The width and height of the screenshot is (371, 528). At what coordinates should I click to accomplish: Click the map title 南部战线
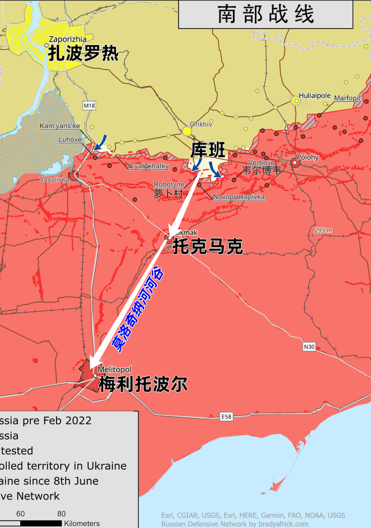coord(266,14)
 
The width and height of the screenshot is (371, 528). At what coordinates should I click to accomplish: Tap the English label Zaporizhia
coord(68,39)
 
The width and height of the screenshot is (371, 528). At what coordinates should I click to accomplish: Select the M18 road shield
coord(89,106)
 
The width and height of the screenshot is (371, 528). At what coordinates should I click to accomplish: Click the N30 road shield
coord(309,347)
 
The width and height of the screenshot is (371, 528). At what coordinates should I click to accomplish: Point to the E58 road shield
coord(226,416)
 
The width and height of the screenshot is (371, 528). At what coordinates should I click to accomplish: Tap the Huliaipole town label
coord(314,96)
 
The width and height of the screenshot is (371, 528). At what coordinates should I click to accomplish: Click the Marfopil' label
coord(348,98)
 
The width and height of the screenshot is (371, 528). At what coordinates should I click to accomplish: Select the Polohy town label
coord(307,157)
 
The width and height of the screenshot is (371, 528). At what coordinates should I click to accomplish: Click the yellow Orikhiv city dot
coord(187,131)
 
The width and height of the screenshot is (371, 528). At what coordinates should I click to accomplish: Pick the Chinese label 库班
coord(208,150)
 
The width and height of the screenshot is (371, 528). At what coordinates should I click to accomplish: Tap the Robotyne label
coord(169,184)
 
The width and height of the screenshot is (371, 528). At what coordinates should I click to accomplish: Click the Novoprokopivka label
coord(239,197)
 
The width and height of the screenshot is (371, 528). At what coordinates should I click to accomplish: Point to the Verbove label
coord(261,162)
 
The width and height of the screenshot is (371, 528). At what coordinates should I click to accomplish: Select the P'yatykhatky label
coord(148,166)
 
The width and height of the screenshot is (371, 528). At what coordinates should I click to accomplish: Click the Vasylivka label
coord(54,180)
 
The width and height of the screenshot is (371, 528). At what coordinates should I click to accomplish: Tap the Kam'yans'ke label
coord(60,126)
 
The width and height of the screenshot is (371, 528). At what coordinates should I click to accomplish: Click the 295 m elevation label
coord(323,230)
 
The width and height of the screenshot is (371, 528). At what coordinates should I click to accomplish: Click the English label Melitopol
coord(114,369)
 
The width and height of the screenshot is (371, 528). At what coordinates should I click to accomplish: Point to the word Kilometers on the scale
coord(82,523)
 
